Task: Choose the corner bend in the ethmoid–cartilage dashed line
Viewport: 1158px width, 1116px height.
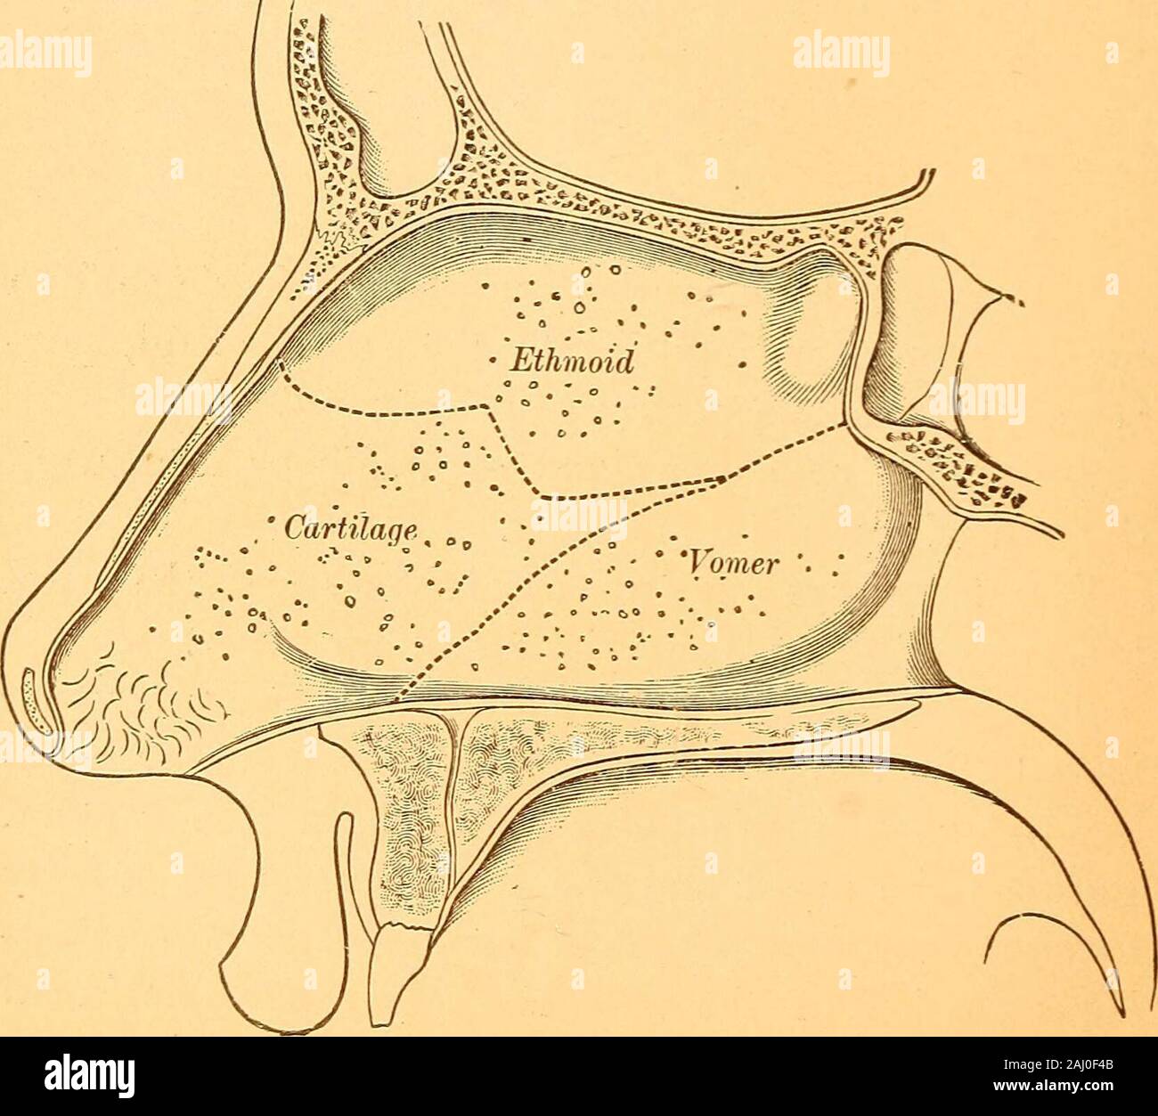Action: pos(484,409)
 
